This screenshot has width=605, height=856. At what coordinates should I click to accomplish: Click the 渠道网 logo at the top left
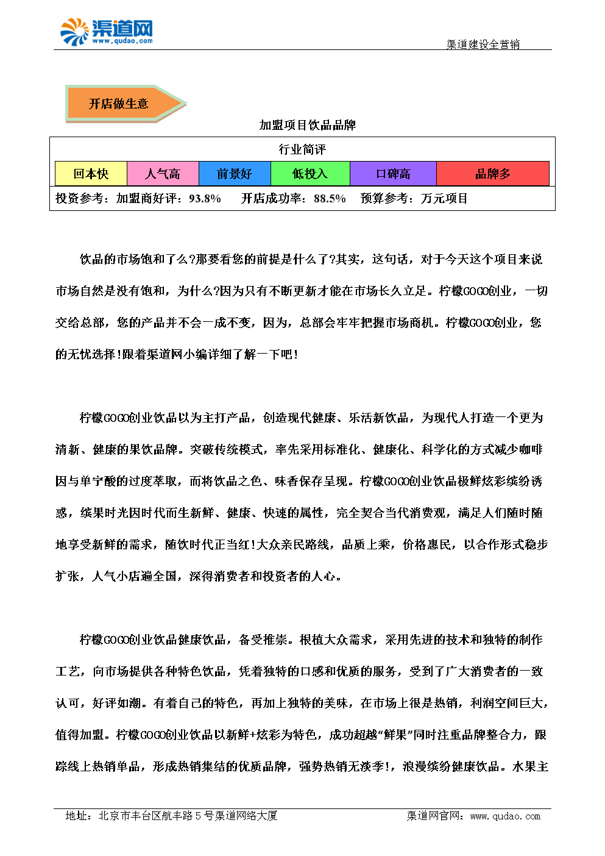click(106, 30)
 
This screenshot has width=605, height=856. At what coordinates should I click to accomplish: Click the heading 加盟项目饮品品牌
click(307, 125)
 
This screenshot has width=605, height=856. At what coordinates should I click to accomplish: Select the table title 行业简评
click(302, 149)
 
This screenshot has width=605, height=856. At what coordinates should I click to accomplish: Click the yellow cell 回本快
click(91, 174)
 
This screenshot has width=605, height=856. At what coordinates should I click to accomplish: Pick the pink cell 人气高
click(163, 174)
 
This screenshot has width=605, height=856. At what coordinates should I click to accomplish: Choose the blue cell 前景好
click(235, 174)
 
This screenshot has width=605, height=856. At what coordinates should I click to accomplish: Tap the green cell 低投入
click(310, 174)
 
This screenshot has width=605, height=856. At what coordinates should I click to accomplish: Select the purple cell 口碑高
click(393, 174)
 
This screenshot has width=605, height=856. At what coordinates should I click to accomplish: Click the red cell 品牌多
click(493, 174)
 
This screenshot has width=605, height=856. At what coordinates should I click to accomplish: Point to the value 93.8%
click(205, 198)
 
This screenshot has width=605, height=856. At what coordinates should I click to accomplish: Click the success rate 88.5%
click(330, 198)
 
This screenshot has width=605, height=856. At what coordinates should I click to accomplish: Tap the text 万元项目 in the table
click(444, 198)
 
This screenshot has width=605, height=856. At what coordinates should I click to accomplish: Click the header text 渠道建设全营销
click(483, 44)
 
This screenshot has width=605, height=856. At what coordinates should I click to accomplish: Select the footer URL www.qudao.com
click(505, 816)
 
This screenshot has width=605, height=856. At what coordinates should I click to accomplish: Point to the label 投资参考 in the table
click(80, 198)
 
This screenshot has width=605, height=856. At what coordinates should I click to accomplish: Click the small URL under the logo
click(122, 41)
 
